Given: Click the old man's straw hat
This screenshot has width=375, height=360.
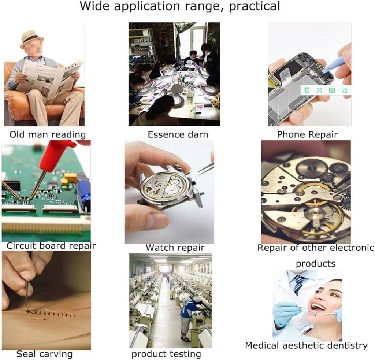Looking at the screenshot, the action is click(x=31, y=39).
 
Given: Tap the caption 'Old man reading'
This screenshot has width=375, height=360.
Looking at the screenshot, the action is click(x=47, y=134).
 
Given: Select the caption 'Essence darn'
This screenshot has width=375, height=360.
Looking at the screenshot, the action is click(x=178, y=134).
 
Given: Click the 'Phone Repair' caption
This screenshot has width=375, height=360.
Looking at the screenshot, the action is click(x=307, y=134).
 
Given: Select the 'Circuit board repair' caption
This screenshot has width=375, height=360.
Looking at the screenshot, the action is click(x=51, y=246).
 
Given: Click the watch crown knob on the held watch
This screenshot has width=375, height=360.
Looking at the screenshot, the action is click(x=193, y=183).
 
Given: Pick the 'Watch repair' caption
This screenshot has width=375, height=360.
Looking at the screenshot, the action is click(x=175, y=248).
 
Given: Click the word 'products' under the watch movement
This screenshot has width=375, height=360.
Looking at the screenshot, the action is click(x=316, y=264).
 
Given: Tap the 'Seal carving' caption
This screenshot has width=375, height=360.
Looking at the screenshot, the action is click(x=44, y=354).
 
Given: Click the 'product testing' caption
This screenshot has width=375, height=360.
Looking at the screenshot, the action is click(x=166, y=354).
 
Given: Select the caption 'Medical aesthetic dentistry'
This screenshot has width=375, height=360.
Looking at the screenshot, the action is click(x=306, y=346).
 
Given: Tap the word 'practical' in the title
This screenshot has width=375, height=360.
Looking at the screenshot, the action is click(x=255, y=6).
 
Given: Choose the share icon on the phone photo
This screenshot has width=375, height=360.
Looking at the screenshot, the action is click(x=344, y=90).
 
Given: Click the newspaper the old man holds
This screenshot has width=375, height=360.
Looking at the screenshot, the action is click(x=49, y=78).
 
